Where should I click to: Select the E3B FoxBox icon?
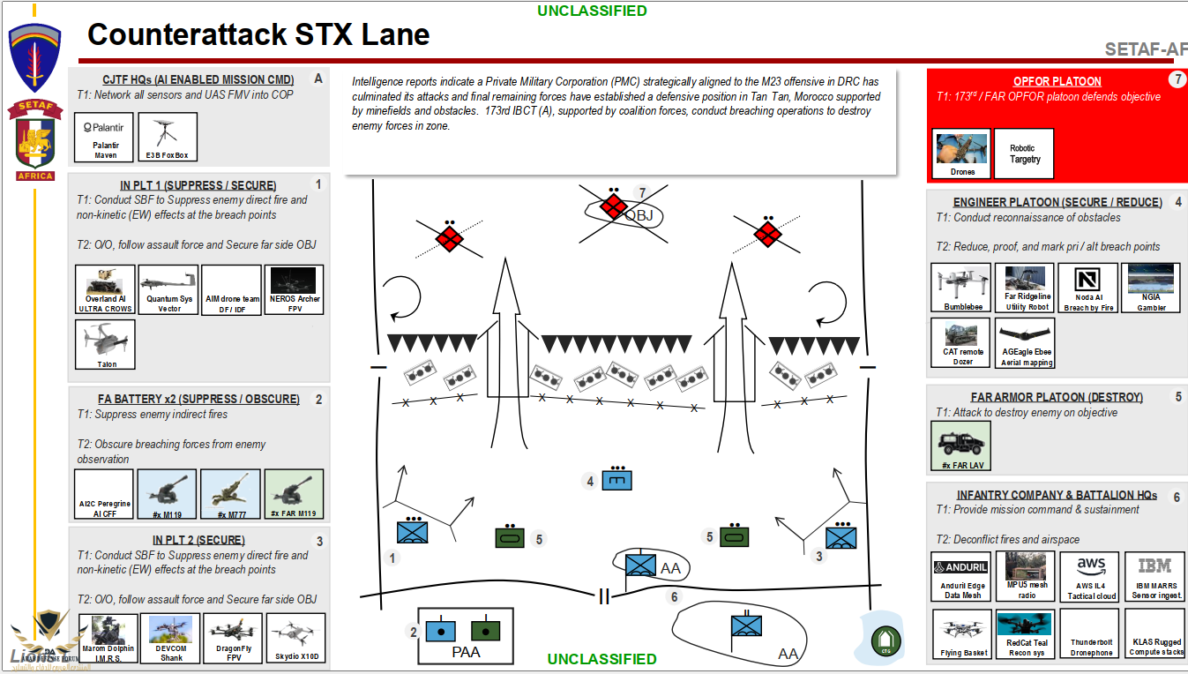[168, 137]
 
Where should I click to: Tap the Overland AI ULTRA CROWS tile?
[106, 289]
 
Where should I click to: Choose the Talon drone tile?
[106, 344]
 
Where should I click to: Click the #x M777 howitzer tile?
[230, 494]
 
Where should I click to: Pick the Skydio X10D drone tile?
[295, 637]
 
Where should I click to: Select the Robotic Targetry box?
[1024, 154]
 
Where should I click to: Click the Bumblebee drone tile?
[961, 288]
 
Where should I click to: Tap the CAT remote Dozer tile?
[961, 342]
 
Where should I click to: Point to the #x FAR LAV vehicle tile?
[960, 446]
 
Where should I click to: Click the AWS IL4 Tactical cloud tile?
[1090, 577]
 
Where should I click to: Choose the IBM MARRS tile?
[1154, 577]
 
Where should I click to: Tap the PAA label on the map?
[466, 653]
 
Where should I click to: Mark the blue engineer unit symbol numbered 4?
[617, 481]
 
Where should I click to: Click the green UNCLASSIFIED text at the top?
[592, 11]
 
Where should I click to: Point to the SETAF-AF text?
[1146, 50]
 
